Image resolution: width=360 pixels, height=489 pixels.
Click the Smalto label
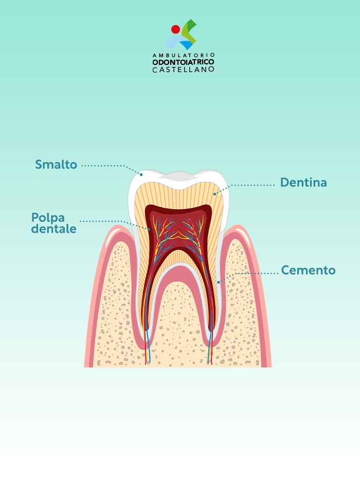[x=56, y=165]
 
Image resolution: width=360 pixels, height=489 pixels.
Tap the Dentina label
[x=303, y=183]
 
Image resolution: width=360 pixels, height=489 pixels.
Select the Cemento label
[x=308, y=270]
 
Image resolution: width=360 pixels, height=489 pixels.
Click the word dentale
[x=53, y=229]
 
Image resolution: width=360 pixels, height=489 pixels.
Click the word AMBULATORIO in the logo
[x=184, y=55]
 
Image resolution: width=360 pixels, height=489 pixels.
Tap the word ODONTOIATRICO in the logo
[x=184, y=62]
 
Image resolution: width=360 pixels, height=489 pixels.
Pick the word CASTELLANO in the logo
[x=184, y=69]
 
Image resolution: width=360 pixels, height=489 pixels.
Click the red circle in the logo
[x=175, y=29]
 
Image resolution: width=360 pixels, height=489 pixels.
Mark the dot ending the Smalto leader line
[x=141, y=174]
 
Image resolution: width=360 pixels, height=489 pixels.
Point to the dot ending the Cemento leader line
[x=219, y=282]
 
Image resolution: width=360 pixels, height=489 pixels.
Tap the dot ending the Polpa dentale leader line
[x=150, y=230]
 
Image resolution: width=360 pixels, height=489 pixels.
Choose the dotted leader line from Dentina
[x=252, y=184]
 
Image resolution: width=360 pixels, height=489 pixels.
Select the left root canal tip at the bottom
[x=149, y=362]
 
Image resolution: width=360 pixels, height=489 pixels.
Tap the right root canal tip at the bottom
[x=209, y=362]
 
